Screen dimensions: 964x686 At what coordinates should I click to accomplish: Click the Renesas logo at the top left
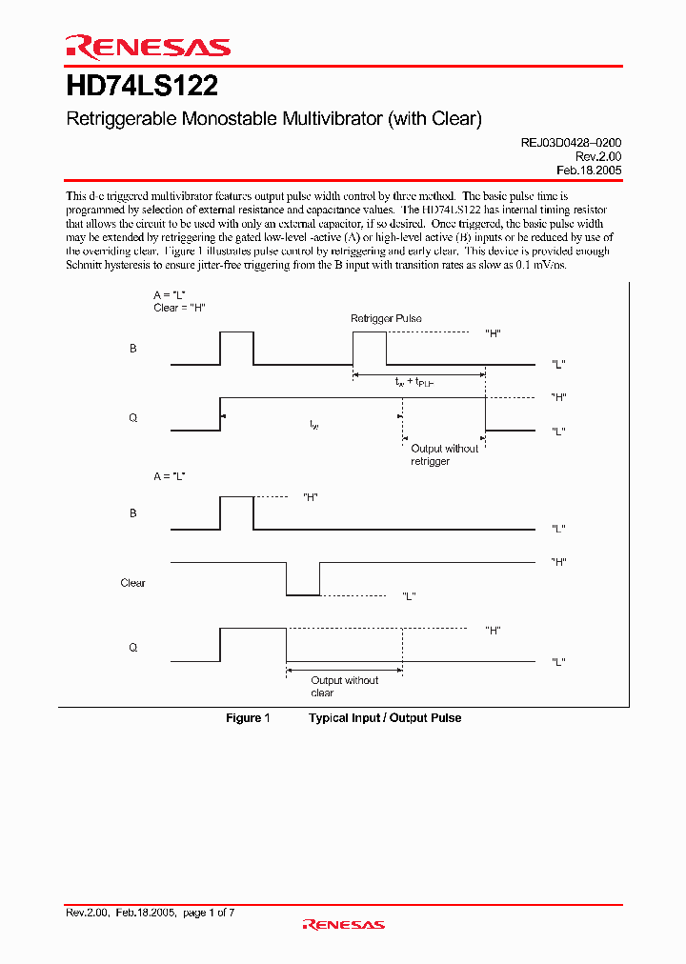(148, 47)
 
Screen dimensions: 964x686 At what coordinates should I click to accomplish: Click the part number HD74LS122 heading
(142, 87)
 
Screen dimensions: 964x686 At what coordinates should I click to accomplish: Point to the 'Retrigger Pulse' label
(386, 318)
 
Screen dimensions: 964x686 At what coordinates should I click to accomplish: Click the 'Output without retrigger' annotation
(444, 454)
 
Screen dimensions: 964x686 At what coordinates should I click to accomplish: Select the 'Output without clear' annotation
(344, 686)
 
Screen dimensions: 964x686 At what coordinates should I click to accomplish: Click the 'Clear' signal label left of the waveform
(133, 583)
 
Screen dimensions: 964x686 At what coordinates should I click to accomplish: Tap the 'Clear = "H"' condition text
(180, 308)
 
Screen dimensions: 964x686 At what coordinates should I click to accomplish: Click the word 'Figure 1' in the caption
(249, 717)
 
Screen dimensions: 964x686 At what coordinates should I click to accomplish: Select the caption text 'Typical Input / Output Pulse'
(385, 717)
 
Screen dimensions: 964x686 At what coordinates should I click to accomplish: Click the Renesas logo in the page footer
(343, 924)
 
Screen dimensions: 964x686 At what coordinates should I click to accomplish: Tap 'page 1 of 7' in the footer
(208, 913)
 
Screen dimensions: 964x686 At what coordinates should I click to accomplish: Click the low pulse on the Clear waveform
(303, 593)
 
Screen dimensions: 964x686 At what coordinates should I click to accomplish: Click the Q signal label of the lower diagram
(133, 647)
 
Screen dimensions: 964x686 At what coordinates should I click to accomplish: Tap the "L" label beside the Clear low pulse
(408, 596)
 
